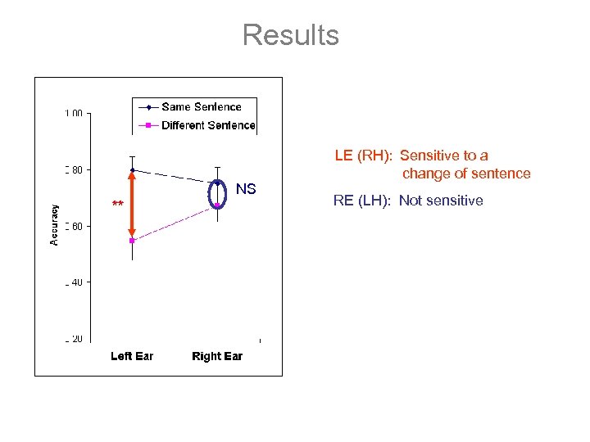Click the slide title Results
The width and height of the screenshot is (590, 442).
pos(290,35)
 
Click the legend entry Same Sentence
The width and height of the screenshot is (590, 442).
pos(201,106)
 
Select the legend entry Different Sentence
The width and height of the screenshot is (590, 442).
pos(208,125)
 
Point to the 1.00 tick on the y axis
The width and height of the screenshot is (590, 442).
pos(74,114)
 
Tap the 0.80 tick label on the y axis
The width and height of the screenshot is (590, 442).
pos(74,170)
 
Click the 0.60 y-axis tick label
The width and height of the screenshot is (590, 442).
pos(74,227)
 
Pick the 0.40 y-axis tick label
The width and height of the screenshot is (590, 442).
pos(74,282)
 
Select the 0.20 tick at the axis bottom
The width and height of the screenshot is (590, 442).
pos(74,339)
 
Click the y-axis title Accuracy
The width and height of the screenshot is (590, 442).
pos(54,225)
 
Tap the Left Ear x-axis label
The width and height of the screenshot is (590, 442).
pos(132,356)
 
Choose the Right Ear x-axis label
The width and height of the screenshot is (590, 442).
pos(217,356)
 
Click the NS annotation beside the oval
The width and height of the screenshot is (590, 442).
pos(246,190)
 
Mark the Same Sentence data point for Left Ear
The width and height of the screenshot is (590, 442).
pos(132,170)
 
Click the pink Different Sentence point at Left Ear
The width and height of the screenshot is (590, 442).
pos(132,241)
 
